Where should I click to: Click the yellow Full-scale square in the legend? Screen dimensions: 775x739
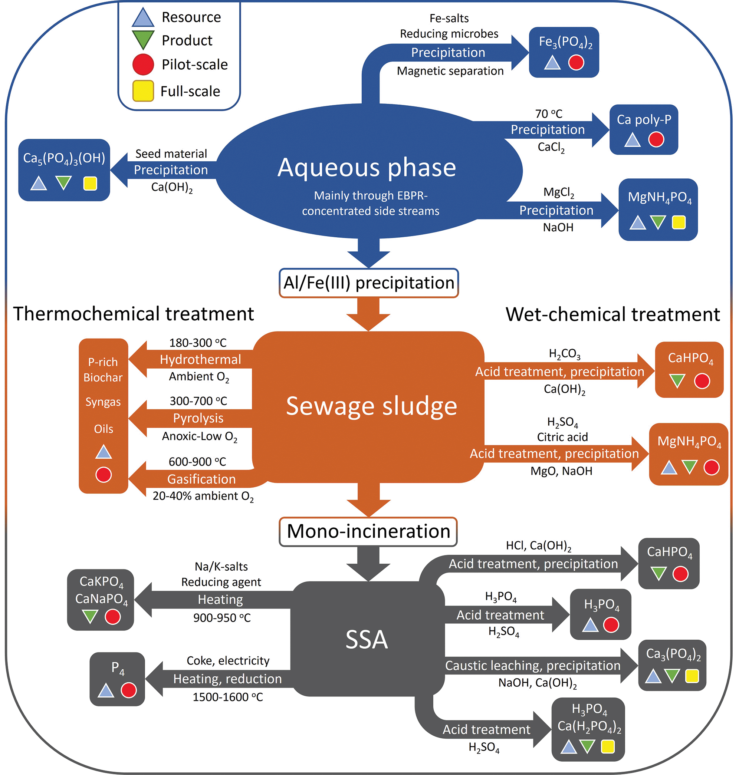coord(142,91)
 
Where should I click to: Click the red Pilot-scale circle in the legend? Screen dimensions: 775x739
coord(142,65)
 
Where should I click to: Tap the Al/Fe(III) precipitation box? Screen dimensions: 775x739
coord(369,283)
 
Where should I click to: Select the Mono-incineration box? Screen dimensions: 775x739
coord(368,531)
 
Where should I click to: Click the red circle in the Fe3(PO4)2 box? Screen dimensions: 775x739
coord(576,62)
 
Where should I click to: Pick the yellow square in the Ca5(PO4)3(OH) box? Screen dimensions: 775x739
coord(90,184)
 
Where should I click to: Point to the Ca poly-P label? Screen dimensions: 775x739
coord(644,120)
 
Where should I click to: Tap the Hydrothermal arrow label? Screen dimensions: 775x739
coord(200,359)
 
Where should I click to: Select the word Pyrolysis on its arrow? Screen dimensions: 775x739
coord(198,418)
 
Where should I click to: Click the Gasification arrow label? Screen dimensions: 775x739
coord(201,479)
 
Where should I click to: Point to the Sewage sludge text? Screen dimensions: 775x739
coord(371,406)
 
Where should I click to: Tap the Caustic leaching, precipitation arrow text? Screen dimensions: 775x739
coord(533,665)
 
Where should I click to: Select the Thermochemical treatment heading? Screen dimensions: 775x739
coord(134,314)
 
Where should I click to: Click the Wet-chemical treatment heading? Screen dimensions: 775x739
coord(612,314)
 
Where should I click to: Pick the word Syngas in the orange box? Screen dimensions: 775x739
coord(103,402)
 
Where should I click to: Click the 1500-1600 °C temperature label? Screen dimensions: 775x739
coord(228,697)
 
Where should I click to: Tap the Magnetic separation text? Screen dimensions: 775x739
coord(450,71)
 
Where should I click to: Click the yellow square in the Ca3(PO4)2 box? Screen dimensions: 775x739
coord(692,676)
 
